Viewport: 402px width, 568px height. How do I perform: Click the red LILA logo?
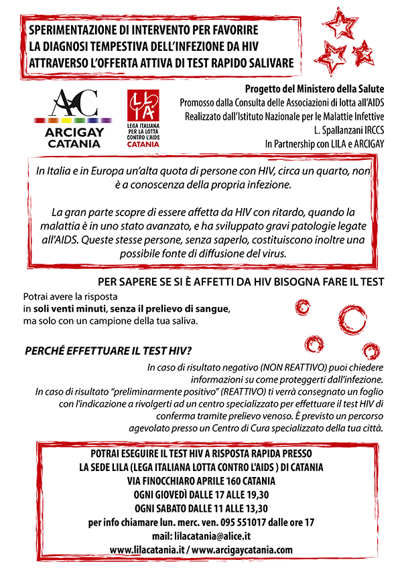click(x=144, y=118)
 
